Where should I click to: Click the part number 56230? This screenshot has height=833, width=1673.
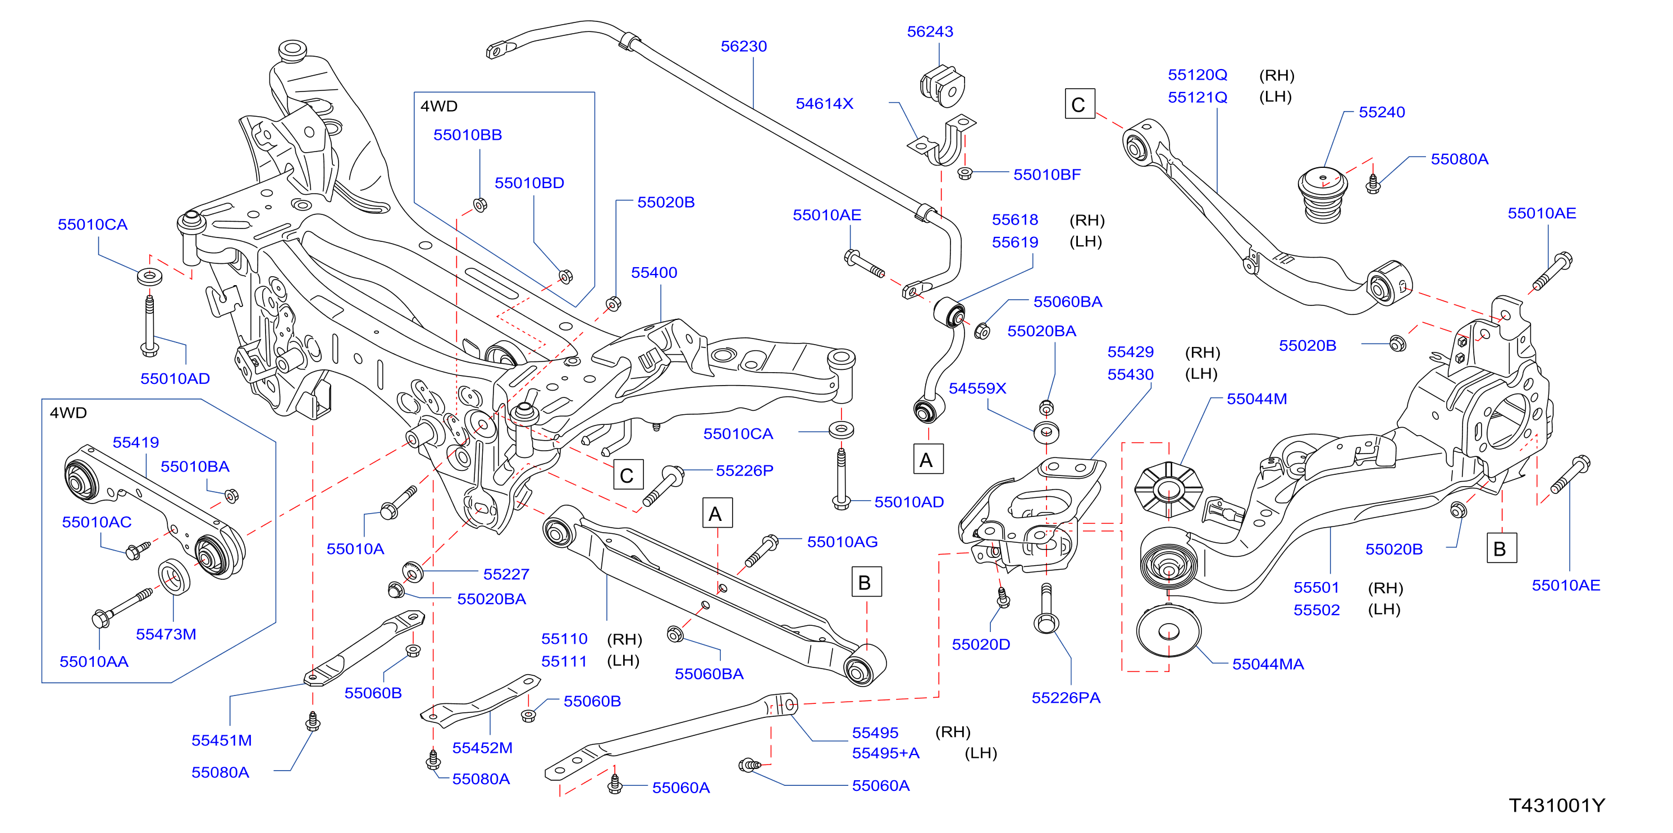(x=744, y=46)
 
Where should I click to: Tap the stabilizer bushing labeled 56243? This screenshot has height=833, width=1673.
(x=943, y=85)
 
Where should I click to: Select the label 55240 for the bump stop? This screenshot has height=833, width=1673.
(x=1382, y=112)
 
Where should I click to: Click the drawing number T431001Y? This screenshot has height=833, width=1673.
(x=1557, y=805)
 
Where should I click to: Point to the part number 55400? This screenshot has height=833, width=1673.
(x=654, y=273)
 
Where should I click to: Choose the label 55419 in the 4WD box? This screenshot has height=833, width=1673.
(x=136, y=442)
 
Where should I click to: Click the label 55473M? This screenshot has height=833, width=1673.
(x=166, y=634)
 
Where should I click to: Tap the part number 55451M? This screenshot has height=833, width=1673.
(x=221, y=740)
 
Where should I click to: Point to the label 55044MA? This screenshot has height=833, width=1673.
(x=1268, y=664)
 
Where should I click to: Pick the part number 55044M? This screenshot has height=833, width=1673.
(x=1256, y=399)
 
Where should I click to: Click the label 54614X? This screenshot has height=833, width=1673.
(x=824, y=104)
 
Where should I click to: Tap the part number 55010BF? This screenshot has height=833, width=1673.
(x=1047, y=175)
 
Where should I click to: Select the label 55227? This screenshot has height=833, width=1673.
(x=506, y=575)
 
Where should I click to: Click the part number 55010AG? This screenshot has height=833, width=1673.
(x=842, y=542)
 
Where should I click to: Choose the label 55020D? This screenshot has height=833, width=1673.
(x=981, y=645)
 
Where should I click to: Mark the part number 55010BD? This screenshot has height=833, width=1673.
(x=529, y=183)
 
